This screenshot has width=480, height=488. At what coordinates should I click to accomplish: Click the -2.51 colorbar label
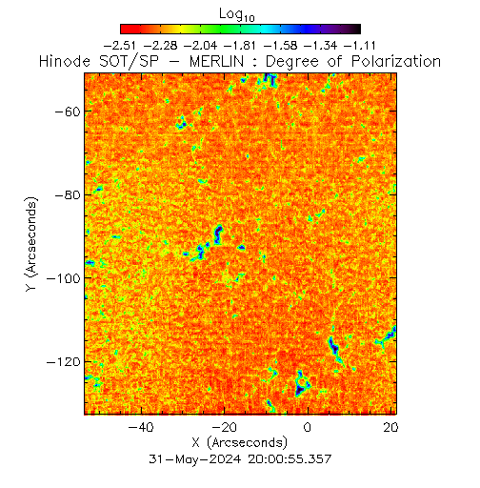pyautogui.click(x=120, y=46)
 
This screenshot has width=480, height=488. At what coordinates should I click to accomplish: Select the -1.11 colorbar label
pyautogui.click(x=360, y=46)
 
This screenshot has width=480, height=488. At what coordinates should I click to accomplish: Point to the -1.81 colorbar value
pyautogui.click(x=240, y=46)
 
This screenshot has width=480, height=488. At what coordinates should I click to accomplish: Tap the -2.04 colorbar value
pyautogui.click(x=200, y=46)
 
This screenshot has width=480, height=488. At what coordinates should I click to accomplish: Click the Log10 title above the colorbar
pyautogui.click(x=237, y=14)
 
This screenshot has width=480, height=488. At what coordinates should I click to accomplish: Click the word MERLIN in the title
pyautogui.click(x=217, y=61)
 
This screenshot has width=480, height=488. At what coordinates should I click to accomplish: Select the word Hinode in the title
pyautogui.click(x=65, y=61)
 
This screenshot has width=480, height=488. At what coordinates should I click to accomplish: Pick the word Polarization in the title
pyautogui.click(x=396, y=61)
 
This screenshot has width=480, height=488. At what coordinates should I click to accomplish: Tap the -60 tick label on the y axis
pyautogui.click(x=68, y=112)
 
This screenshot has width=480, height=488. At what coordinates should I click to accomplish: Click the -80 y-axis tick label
pyautogui.click(x=68, y=194)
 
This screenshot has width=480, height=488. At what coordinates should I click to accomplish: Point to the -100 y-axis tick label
pyautogui.click(x=64, y=278)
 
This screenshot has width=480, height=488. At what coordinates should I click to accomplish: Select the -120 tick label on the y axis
pyautogui.click(x=64, y=362)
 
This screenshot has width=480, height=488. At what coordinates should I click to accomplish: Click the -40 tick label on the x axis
pyautogui.click(x=141, y=427)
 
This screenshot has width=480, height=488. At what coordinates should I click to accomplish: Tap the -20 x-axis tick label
pyautogui.click(x=224, y=427)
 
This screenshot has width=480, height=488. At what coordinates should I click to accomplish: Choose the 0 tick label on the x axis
pyautogui.click(x=308, y=427)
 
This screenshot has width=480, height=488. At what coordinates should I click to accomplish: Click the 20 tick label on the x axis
pyautogui.click(x=390, y=427)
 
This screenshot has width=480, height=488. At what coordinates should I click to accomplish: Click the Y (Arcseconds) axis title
pyautogui.click(x=31, y=244)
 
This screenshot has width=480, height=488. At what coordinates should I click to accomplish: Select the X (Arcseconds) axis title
pyautogui.click(x=240, y=442)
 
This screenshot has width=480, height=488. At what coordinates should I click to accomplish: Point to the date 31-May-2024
pyautogui.click(x=195, y=459)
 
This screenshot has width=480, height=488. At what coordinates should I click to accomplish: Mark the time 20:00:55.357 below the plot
pyautogui.click(x=290, y=459)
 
